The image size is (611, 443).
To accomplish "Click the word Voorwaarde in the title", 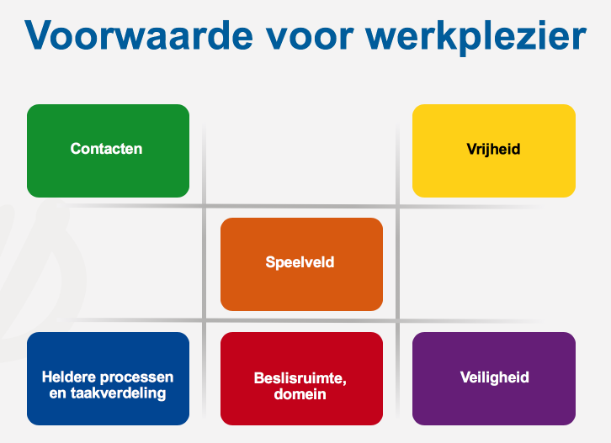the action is pyautogui.click(x=139, y=35).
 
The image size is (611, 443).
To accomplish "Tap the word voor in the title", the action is pyautogui.click(x=310, y=38).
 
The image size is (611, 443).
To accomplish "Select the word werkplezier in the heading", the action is pyautogui.click(x=476, y=38).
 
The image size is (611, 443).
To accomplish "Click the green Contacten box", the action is pyautogui.click(x=108, y=150).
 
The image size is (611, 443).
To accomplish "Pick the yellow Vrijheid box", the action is pyautogui.click(x=494, y=150).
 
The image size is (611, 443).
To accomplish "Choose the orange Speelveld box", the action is pyautogui.click(x=301, y=264).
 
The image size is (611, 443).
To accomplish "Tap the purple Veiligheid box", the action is pyautogui.click(x=494, y=378).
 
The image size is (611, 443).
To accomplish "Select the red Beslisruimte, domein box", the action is pyautogui.click(x=301, y=378).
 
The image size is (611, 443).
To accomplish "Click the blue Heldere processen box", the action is pyautogui.click(x=108, y=378).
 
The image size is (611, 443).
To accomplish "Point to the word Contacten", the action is pyautogui.click(x=106, y=149).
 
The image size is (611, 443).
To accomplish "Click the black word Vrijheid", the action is pyautogui.click(x=493, y=150).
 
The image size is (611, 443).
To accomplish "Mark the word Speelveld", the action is pyautogui.click(x=300, y=263).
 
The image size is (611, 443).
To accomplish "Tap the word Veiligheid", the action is pyautogui.click(x=495, y=377).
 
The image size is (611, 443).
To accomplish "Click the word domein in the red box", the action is pyautogui.click(x=300, y=394).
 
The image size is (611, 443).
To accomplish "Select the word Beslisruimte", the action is pyautogui.click(x=298, y=378).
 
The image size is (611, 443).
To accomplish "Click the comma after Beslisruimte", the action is pyautogui.click(x=344, y=383).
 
